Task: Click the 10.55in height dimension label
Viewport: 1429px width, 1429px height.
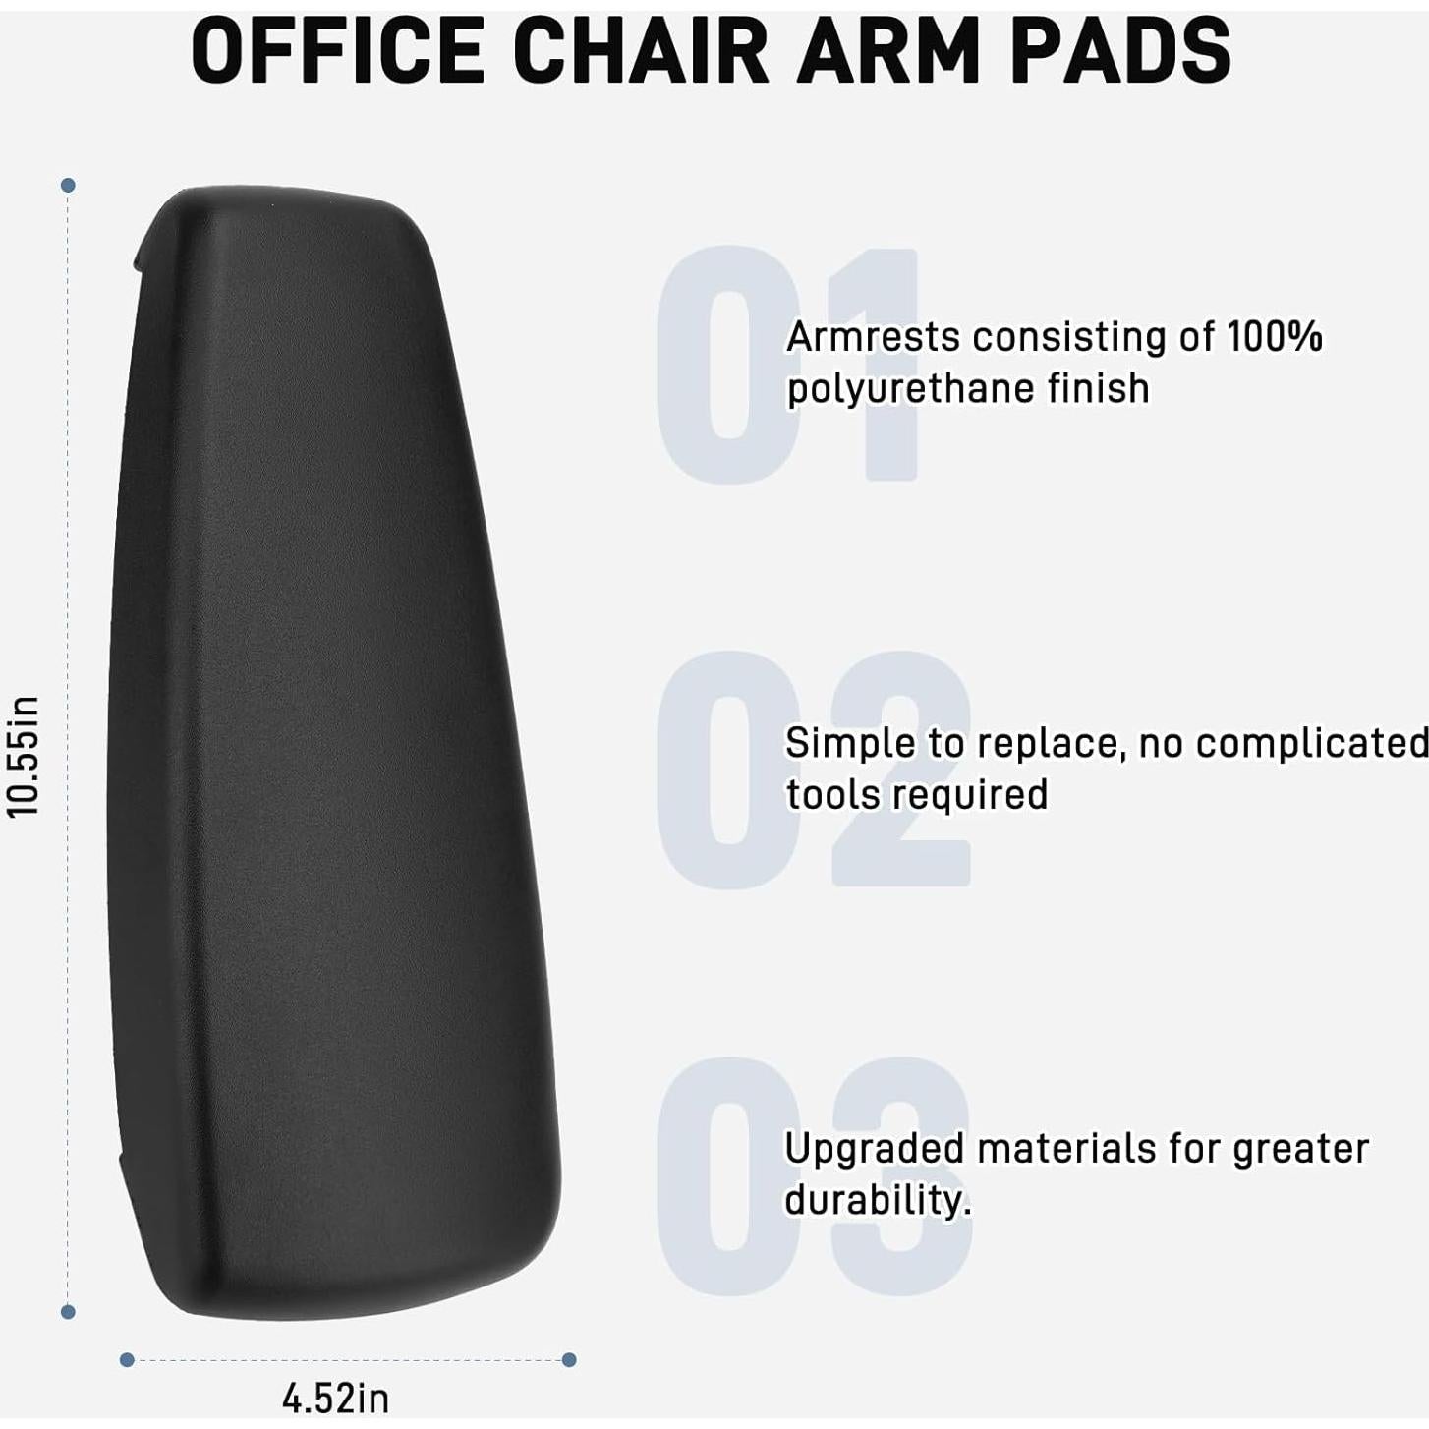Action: coord(24,755)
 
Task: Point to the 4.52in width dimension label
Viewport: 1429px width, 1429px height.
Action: coord(335,1398)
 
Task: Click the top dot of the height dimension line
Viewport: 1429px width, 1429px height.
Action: coord(68,185)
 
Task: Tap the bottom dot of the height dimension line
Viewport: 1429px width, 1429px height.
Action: coord(68,1312)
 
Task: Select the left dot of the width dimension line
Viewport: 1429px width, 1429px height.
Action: coord(126,1360)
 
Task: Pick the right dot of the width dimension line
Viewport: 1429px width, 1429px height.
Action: coord(569,1360)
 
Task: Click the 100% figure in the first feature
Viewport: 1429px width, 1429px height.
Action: coord(1275,337)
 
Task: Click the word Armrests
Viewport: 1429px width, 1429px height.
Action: coord(873,337)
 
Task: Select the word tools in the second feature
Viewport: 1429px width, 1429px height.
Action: coord(830,795)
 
